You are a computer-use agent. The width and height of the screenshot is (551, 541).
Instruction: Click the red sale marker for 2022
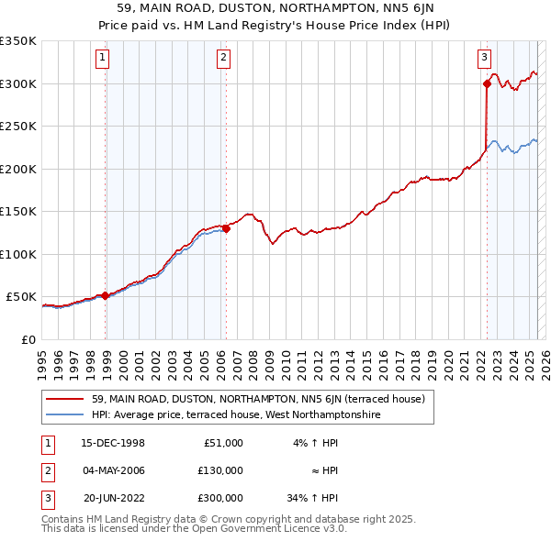tap(486, 83)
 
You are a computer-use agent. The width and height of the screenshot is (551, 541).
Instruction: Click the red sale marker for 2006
tap(226, 228)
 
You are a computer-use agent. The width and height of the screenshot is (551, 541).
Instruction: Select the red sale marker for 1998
tap(106, 295)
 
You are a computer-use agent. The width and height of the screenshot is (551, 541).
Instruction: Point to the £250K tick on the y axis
tap(18, 126)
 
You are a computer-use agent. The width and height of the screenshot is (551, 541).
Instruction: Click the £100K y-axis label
tap(18, 254)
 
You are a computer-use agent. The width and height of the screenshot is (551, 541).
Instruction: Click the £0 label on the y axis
tap(28, 339)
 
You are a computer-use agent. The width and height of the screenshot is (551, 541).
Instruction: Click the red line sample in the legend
tap(65, 400)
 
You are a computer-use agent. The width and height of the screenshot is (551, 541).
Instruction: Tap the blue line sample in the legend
tap(65, 415)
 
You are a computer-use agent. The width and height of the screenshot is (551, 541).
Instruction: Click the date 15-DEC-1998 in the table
tap(113, 443)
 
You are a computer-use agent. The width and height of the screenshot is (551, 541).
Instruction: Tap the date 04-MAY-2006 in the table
tap(113, 470)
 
